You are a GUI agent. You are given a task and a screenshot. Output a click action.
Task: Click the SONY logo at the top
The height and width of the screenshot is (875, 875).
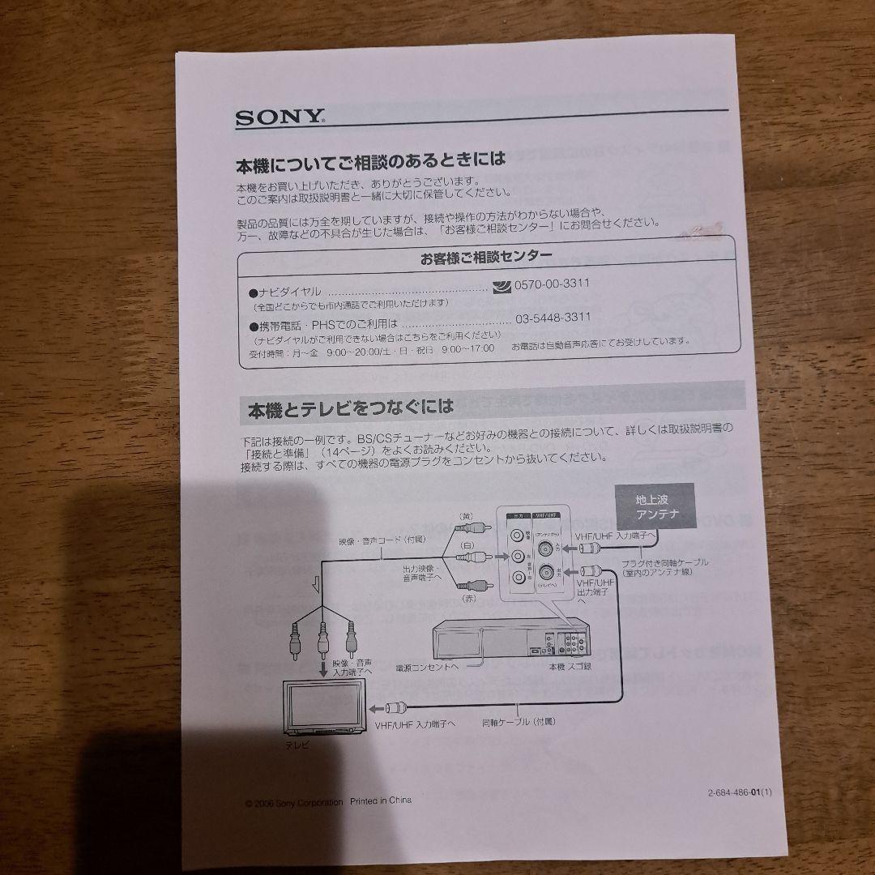click(280, 117)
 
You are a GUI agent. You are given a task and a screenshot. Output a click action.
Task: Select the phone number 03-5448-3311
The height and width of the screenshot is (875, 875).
click(553, 318)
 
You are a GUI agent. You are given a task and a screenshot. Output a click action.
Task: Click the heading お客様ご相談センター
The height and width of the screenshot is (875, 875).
click(486, 258)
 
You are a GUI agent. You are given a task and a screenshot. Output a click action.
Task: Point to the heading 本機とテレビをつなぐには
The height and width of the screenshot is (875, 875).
click(350, 408)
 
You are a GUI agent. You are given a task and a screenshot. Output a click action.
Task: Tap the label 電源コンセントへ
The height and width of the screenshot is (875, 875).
click(427, 666)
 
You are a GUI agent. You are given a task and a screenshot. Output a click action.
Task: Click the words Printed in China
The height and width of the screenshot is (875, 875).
click(381, 800)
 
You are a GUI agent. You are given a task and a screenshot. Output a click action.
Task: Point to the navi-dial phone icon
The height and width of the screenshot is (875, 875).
click(502, 285)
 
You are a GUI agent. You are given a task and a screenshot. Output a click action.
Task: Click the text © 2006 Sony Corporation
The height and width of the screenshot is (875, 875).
click(294, 802)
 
